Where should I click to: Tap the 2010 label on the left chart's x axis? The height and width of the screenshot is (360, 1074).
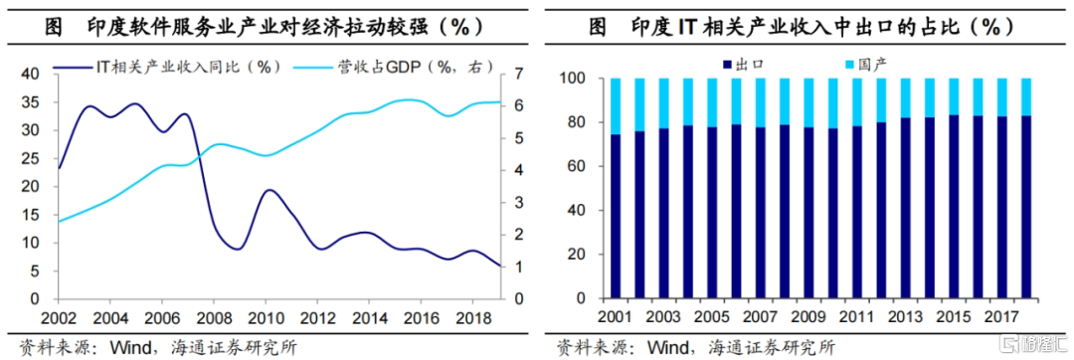(x=265, y=317)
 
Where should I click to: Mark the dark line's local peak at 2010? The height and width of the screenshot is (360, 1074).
(x=268, y=190)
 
